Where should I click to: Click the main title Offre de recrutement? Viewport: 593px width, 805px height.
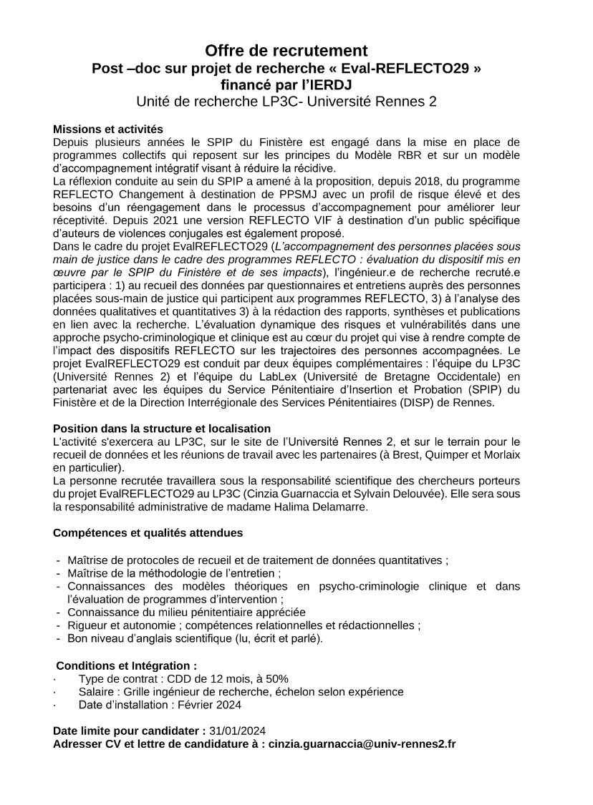(x=286, y=51)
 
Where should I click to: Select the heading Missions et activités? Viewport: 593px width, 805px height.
(x=108, y=130)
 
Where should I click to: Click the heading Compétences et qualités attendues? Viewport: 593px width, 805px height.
(x=148, y=534)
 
